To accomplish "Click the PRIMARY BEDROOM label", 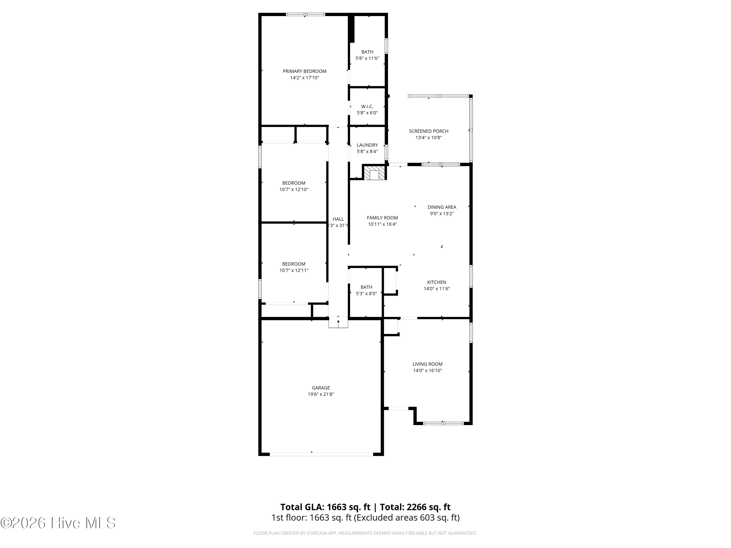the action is coord(304,71).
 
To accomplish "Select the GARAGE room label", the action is coord(321,388).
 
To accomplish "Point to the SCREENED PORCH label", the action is coord(429,131).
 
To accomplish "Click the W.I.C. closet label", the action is coord(367,107).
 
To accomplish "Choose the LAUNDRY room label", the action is coord(367,145).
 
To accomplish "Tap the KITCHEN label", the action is coord(437,282).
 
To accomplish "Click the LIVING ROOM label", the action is coord(427,364).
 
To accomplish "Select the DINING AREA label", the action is coord(442,207).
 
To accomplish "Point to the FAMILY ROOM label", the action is coord(382,218).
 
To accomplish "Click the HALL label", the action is coord(338,219).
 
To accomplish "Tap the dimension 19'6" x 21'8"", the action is coord(321,394).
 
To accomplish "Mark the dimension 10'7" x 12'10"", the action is coord(294,189).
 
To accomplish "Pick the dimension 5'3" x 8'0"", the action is coord(366,293).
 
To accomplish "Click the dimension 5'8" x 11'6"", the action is coord(367,58).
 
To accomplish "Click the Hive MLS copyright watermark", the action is coord(58,523).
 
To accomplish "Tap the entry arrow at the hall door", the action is coord(338,324).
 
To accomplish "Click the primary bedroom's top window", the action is coord(305,14).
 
